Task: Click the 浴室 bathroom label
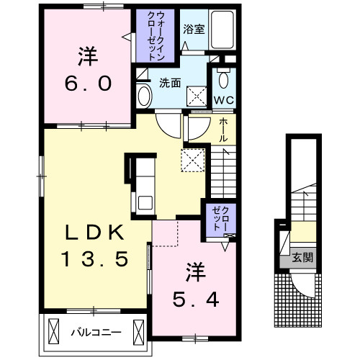tap(194, 30)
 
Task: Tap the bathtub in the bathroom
tap(222, 30)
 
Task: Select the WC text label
tap(224, 100)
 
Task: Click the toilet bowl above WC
tap(223, 79)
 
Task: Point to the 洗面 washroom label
tap(170, 83)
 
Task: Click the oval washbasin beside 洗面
tap(144, 96)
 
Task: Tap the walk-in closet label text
tap(156, 36)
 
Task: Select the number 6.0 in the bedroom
tap(88, 84)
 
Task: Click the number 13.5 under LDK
tap(94, 259)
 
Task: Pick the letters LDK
tap(95, 233)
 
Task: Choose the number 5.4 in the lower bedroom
tap(196, 300)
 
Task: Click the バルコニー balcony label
tap(96, 333)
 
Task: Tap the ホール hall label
tap(223, 130)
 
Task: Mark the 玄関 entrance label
tap(302, 258)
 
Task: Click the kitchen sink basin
tap(145, 203)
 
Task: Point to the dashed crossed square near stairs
tap(193, 160)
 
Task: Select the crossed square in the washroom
tap(197, 96)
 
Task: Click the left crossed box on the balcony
tap(53, 332)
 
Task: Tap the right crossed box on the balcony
tap(138, 332)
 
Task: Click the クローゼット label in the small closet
tap(220, 219)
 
